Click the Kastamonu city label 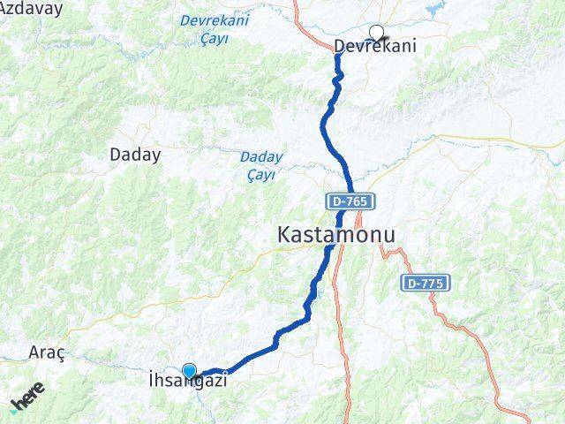[x=336, y=235]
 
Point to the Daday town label [x=135, y=155]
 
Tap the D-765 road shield [x=351, y=202]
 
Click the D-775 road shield [x=426, y=284]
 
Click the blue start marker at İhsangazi [x=189, y=371]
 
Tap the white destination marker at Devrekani [x=377, y=34]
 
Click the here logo [x=27, y=403]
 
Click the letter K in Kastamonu [x=285, y=235]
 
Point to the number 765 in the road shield [x=356, y=202]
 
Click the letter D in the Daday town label [x=115, y=155]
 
